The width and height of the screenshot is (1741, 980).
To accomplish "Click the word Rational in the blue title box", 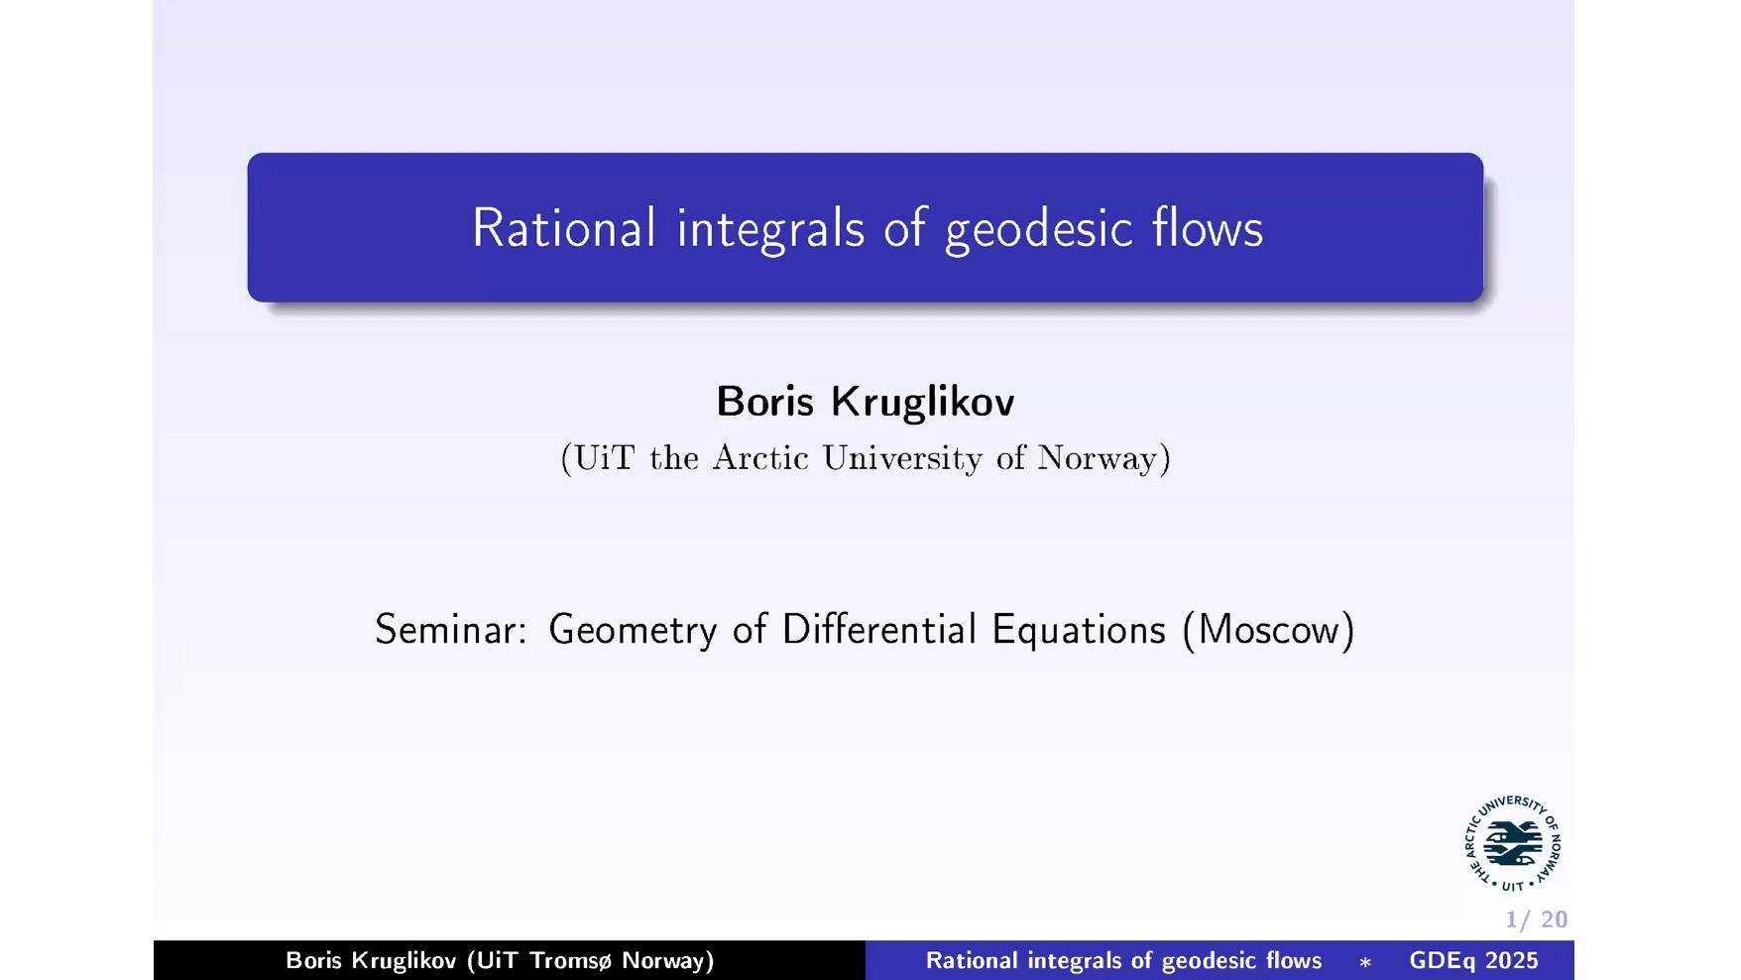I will [563, 228].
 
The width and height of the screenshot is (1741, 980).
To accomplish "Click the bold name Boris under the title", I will [764, 402].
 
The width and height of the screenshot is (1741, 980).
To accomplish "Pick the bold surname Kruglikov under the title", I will [922, 402].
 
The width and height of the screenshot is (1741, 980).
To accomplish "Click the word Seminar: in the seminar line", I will [451, 630].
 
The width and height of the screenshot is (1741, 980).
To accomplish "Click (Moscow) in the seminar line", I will [1268, 630].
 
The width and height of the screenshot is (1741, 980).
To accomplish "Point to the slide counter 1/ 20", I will [1536, 919].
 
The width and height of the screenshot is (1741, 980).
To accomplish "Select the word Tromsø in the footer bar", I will [571, 960].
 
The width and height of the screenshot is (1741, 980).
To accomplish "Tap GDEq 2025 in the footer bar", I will [1473, 960].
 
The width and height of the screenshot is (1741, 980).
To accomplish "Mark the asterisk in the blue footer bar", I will [1365, 962].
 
